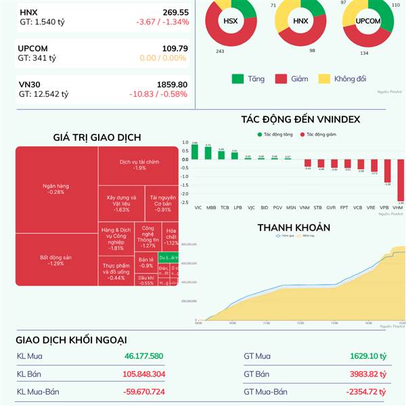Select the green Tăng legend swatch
click(238, 78)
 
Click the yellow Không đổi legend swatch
click(323, 78)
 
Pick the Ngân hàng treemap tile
click(56, 189)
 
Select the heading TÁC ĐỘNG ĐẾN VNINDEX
click(300, 120)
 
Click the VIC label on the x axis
click(198, 207)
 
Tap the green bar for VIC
click(195, 151)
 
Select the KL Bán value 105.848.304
click(144, 374)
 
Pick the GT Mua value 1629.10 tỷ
click(367, 356)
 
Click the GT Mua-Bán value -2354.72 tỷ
click(365, 392)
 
